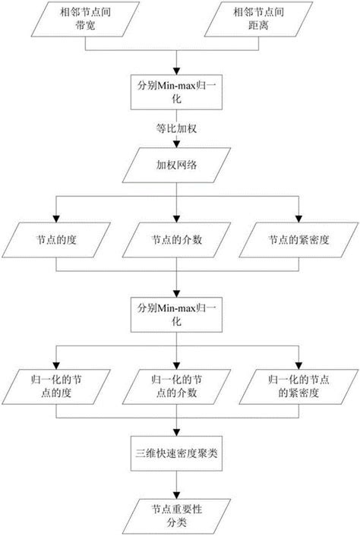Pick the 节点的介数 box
[x=176, y=241]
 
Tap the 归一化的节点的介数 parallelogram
[x=176, y=385]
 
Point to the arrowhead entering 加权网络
[x=176, y=146]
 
